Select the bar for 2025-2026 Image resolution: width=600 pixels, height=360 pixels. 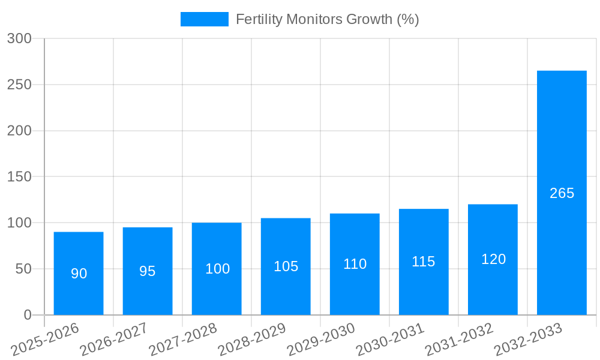click(x=79, y=273)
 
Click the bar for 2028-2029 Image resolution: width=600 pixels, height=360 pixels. click(x=286, y=266)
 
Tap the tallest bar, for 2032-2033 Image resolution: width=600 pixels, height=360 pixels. click(x=562, y=193)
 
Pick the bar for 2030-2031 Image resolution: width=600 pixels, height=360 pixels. click(x=424, y=262)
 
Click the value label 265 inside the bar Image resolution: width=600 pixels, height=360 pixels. click(x=562, y=193)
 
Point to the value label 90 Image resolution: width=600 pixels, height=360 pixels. click(x=79, y=274)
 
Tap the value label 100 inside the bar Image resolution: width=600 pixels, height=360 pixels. click(x=217, y=269)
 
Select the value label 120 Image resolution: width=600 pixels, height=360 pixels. click(x=493, y=259)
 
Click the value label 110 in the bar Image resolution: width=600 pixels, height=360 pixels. click(x=355, y=264)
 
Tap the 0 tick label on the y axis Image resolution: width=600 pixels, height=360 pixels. click(x=28, y=315)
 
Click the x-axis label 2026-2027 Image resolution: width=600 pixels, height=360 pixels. click(x=113, y=339)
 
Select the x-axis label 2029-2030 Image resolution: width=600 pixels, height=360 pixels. click(x=321, y=339)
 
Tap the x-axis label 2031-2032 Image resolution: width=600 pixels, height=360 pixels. click(x=459, y=339)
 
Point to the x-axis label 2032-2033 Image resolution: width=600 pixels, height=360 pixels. click(x=528, y=339)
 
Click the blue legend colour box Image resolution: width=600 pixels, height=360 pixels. click(x=204, y=19)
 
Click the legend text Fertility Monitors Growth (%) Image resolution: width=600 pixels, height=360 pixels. click(x=327, y=19)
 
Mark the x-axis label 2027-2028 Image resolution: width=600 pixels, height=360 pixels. click(x=182, y=339)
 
